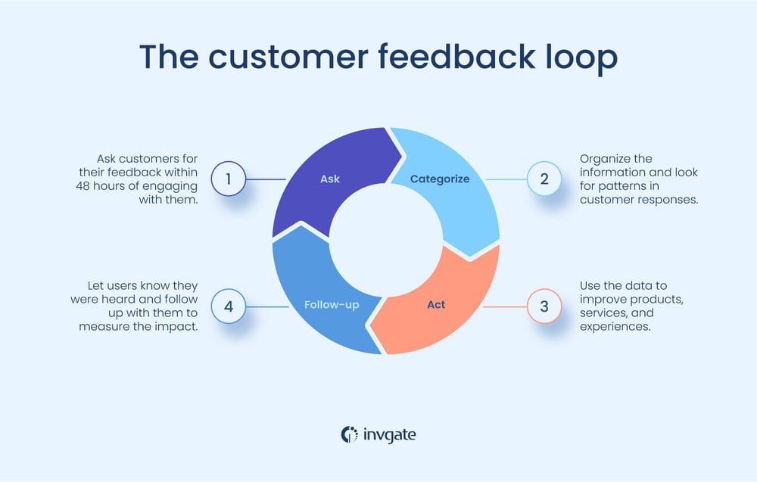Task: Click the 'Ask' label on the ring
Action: pos(330,179)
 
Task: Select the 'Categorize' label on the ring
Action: pos(440,179)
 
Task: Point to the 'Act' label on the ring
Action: pos(436,305)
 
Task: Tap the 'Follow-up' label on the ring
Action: pos(332,306)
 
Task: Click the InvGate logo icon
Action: pos(350,434)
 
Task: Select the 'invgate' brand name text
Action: pos(389,434)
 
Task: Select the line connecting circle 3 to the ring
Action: pos(505,306)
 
